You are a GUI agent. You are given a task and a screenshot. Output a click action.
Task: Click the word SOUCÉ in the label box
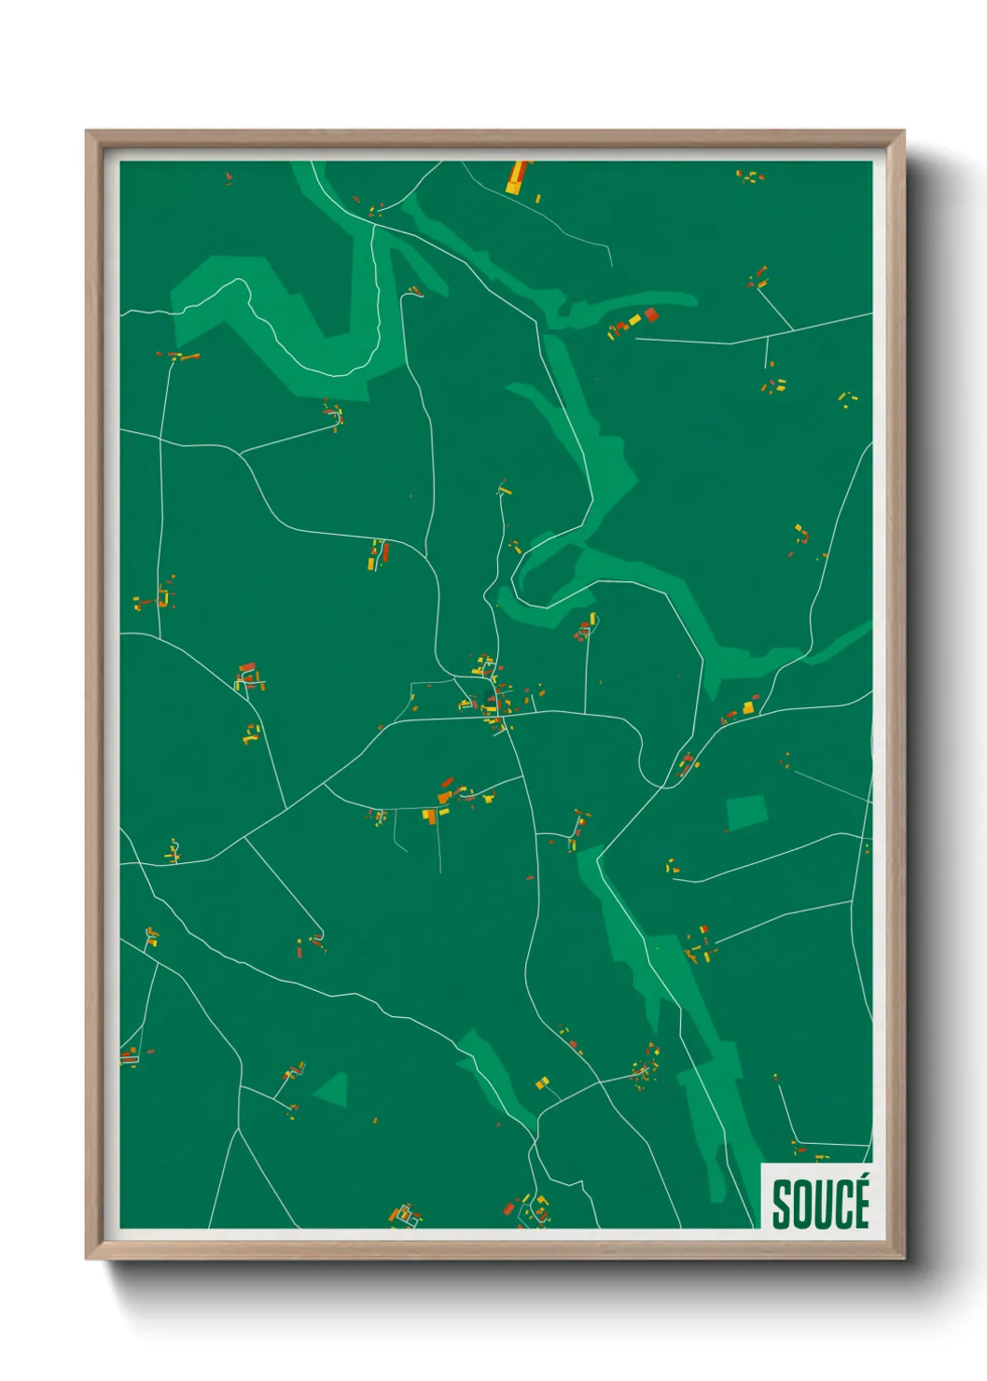point(820,1204)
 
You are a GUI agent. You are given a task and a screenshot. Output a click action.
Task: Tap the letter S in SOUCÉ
point(782,1206)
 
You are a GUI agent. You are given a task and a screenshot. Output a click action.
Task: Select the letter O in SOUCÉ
point(801,1206)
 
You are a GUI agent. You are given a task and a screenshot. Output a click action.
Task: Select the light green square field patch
point(745,812)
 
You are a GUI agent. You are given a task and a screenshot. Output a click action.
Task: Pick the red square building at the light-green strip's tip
point(651,314)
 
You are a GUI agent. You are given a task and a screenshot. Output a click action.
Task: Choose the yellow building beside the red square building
point(635,320)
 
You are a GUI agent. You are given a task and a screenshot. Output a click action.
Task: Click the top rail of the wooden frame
point(494,138)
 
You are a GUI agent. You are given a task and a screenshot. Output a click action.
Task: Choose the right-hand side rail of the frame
point(896,690)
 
